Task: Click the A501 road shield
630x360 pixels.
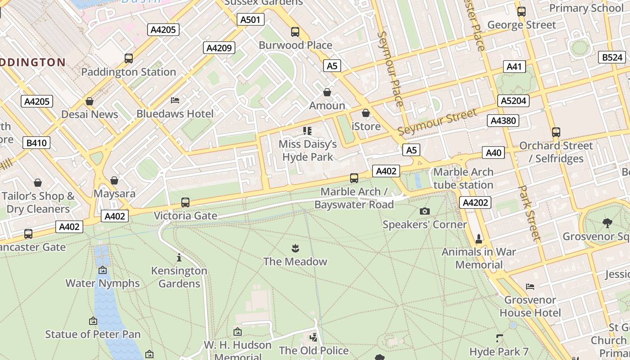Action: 250,19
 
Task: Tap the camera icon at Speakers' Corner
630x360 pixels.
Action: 424,211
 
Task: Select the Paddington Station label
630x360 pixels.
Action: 128,72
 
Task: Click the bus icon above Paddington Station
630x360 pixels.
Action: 128,58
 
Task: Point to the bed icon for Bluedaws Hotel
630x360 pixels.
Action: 175,100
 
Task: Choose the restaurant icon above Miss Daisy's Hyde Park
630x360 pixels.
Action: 307,131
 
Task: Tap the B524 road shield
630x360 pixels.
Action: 612,57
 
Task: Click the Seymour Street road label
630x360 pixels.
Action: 437,122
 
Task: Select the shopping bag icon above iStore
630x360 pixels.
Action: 366,112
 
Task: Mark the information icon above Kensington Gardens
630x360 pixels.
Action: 179,257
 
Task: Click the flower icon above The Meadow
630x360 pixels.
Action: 295,248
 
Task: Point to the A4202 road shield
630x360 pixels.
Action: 475,202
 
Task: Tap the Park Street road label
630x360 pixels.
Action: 529,213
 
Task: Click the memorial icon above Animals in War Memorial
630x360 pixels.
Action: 478,238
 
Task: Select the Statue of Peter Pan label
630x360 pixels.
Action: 93,334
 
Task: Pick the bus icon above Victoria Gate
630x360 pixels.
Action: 185,202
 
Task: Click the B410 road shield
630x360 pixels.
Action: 36,143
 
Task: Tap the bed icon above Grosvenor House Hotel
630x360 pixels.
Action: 530,286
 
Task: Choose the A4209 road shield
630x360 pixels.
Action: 219,48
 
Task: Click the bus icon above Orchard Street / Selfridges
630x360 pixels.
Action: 556,132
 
